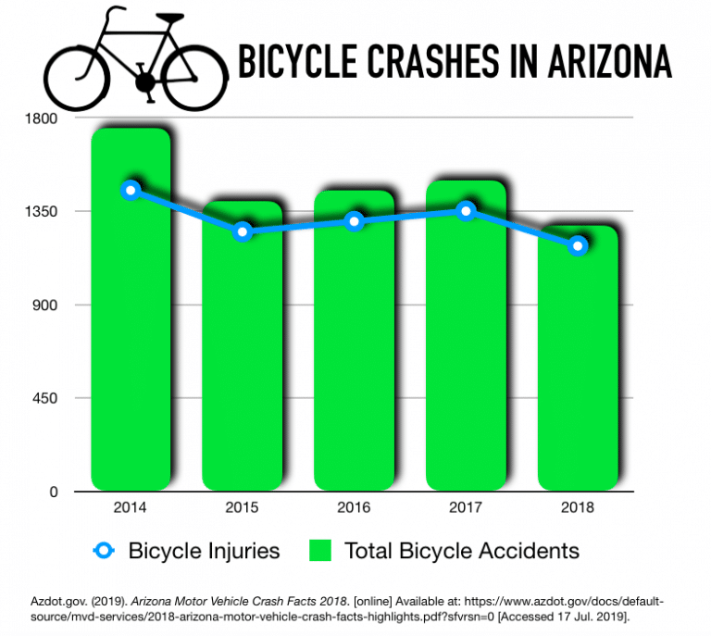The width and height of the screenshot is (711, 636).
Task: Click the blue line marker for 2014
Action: click(131, 190)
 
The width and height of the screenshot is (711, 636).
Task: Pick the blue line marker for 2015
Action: click(243, 231)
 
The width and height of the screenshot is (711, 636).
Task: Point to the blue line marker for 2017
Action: click(466, 211)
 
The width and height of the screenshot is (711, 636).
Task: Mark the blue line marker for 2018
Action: click(578, 245)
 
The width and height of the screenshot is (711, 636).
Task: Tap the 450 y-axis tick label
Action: click(45, 398)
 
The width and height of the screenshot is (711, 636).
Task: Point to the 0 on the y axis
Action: click(54, 492)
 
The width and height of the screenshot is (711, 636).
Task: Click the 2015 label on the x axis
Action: click(243, 507)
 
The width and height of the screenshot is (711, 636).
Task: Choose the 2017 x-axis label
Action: click(466, 507)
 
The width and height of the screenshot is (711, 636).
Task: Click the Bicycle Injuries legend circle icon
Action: click(105, 551)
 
